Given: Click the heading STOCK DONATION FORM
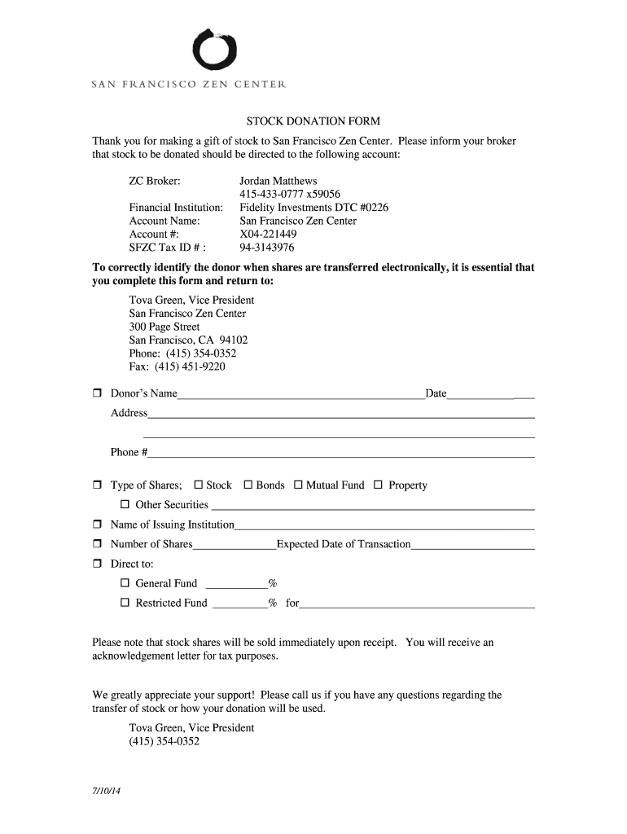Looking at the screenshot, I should point(313,121).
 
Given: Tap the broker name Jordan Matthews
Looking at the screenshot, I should point(278,181).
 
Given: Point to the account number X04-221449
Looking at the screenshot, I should point(268,234).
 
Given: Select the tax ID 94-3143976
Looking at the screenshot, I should point(266,248).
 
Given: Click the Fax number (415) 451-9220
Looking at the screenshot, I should point(177,367).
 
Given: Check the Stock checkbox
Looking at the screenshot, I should point(198,485).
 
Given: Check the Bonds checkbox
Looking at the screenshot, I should point(248,485).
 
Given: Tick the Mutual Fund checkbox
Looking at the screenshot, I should point(298,485).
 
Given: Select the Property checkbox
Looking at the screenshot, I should point(378,485).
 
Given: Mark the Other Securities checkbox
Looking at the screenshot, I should point(125,505).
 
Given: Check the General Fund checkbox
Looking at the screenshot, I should point(125,583).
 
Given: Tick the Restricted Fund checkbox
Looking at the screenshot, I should point(125,604).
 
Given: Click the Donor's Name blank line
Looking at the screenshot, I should point(300,396).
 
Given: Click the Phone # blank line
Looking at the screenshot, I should point(341,454).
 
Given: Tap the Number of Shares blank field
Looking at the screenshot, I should point(235,546).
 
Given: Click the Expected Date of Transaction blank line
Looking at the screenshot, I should point(472,546).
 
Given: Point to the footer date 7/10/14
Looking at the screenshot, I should point(106,792).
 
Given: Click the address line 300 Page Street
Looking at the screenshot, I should point(164,327).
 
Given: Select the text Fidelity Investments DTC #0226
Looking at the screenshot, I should point(313,208).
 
